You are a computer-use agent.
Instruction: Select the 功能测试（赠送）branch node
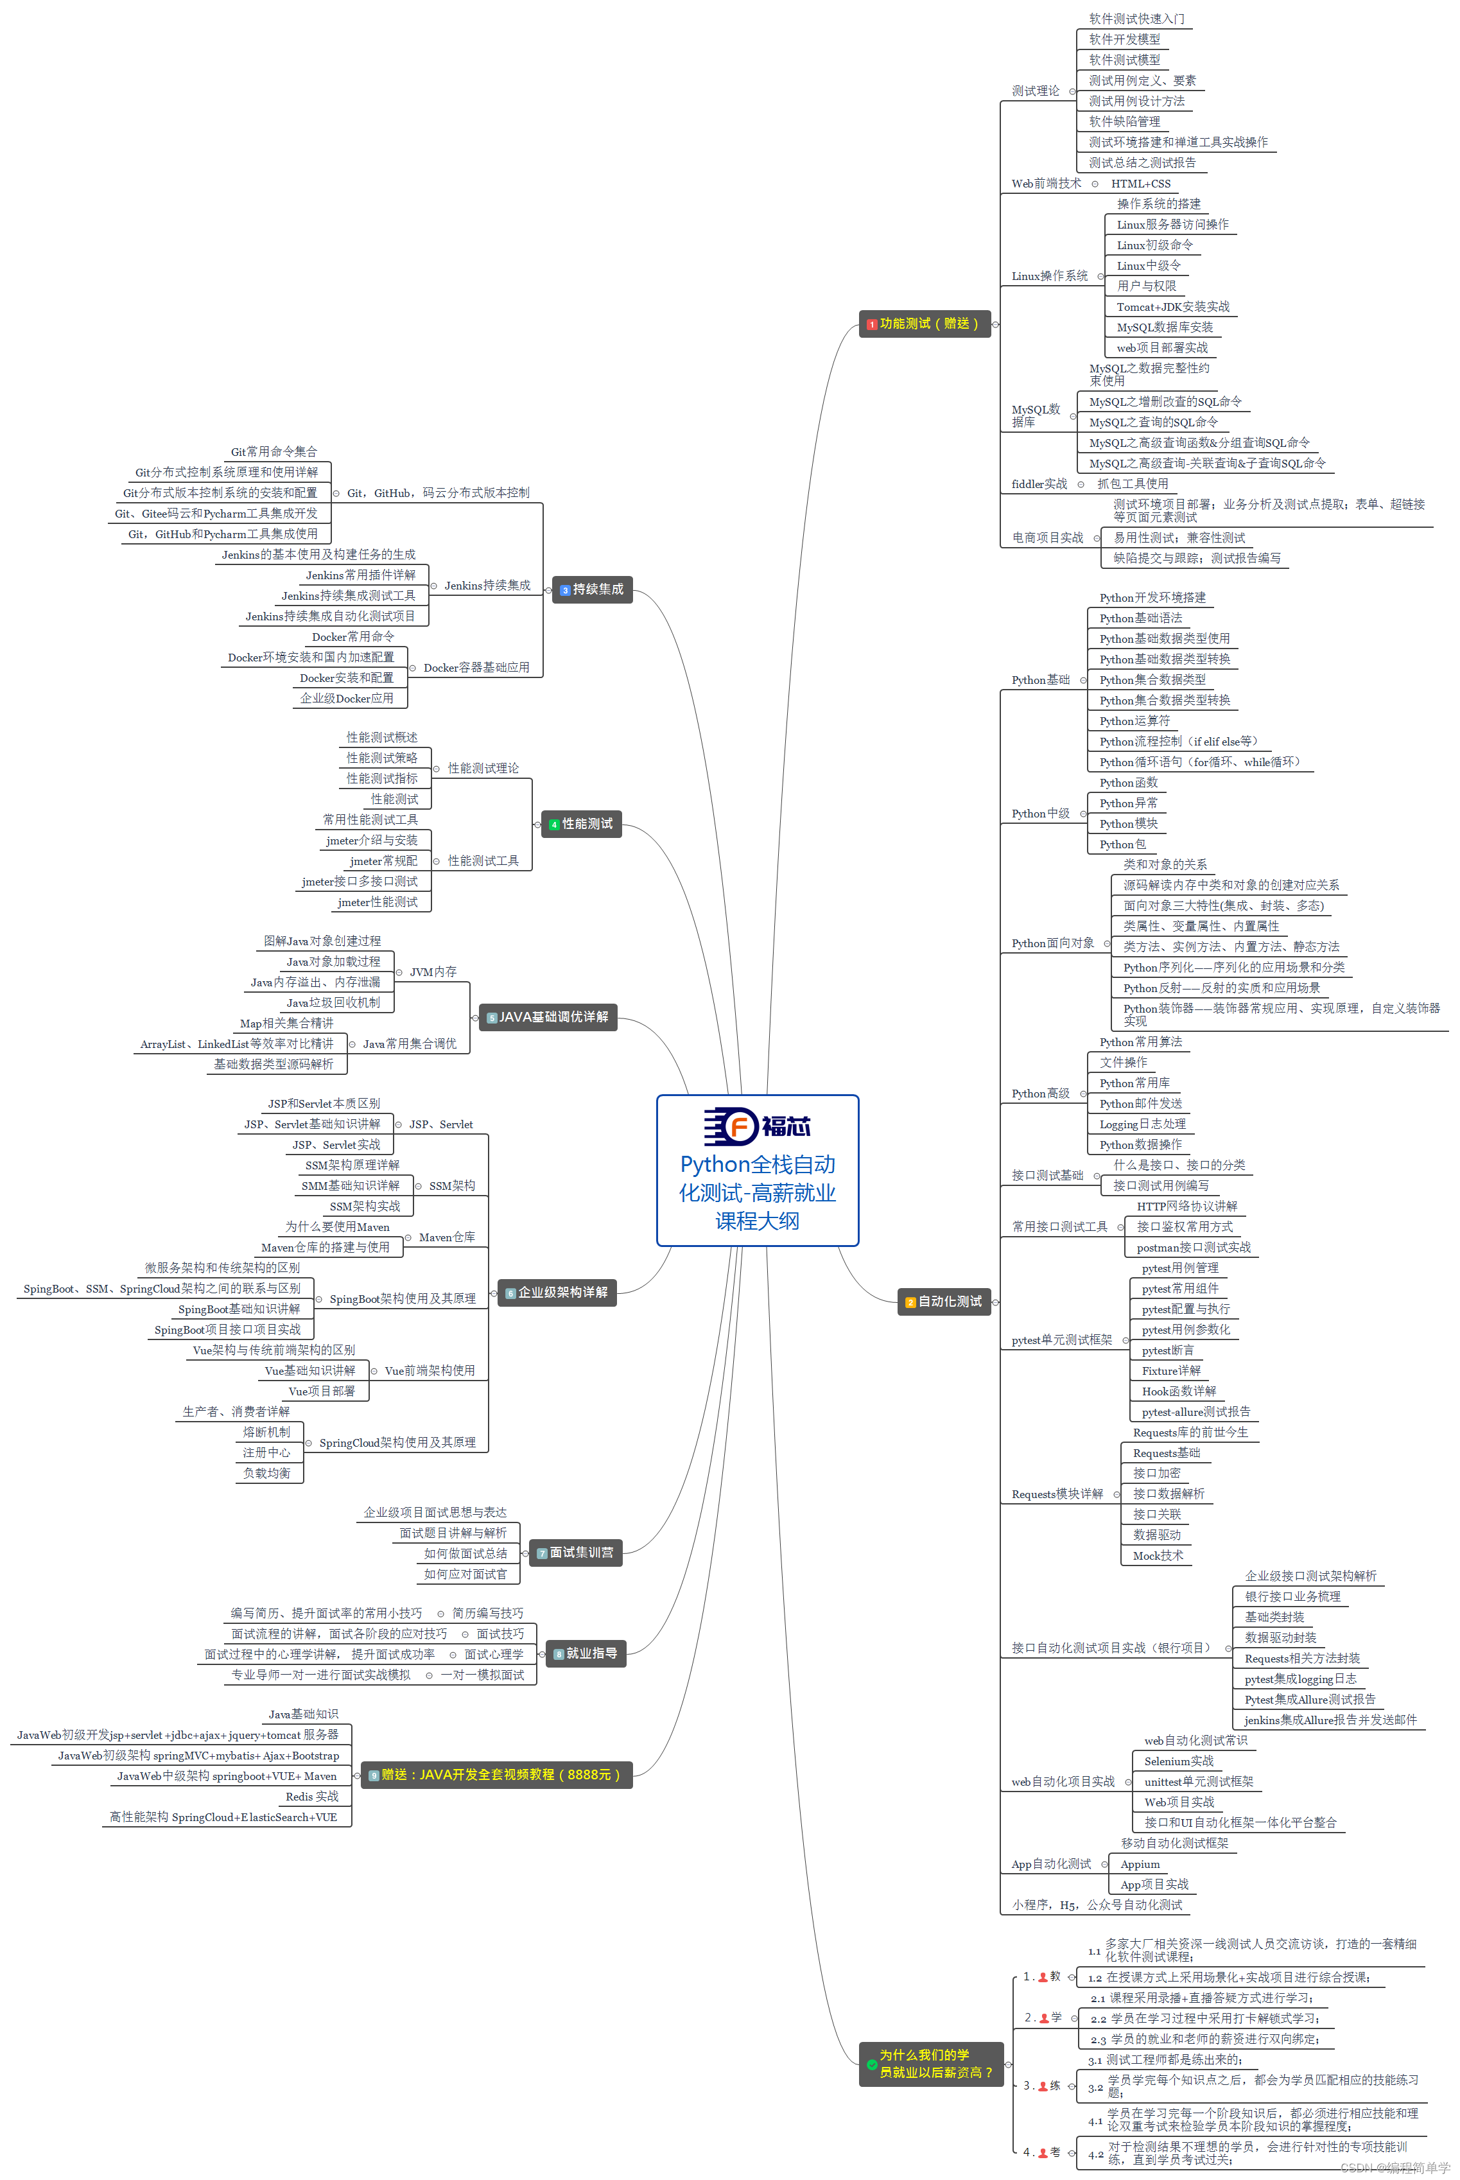click(x=924, y=324)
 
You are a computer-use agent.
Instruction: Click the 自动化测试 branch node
click(x=944, y=1301)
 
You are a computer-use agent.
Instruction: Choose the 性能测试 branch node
click(x=581, y=824)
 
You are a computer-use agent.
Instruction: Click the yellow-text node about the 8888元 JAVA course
click(x=496, y=1775)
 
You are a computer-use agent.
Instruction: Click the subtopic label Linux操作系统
click(x=1049, y=277)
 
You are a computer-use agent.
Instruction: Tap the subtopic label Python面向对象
click(x=1053, y=943)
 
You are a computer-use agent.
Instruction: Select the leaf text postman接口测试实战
click(x=1193, y=1248)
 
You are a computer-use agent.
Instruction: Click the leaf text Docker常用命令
click(x=353, y=637)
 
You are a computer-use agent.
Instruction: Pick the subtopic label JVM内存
click(x=433, y=972)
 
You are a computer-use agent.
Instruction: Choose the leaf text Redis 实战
click(x=312, y=1797)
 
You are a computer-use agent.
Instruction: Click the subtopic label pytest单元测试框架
click(x=1061, y=1340)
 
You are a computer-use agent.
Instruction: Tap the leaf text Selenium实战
click(x=1178, y=1761)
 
